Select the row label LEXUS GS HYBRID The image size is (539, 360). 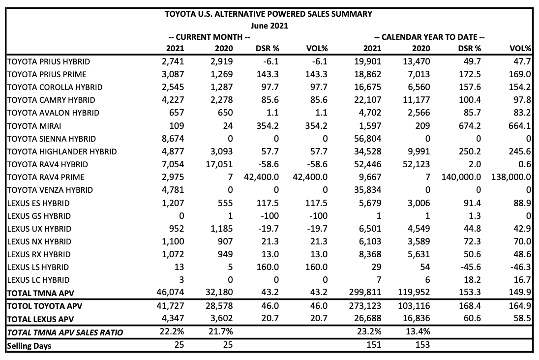[x=39, y=216]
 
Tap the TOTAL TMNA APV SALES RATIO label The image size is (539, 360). [x=65, y=332]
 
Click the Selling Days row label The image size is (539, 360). [x=29, y=346]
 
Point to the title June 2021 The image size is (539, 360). [x=269, y=26]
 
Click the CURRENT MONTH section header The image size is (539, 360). [x=209, y=37]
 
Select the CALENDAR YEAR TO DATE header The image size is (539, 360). [x=429, y=37]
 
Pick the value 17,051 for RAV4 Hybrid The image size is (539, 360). [x=219, y=164]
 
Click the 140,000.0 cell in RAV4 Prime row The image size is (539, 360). [x=461, y=177]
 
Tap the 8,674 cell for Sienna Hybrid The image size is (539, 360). [x=173, y=139]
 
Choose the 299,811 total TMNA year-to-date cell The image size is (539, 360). [x=365, y=292]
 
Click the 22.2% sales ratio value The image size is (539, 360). [x=172, y=331]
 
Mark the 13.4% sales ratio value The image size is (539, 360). [x=418, y=331]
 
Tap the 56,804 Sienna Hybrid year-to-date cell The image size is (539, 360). [x=367, y=139]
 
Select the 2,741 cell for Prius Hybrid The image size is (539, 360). [x=173, y=61]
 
